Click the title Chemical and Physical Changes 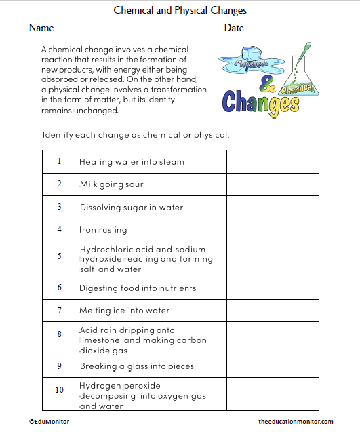180,11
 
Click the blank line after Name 138,30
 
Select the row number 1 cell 59,161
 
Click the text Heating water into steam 132,162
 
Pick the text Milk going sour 111,184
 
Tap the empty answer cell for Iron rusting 273,229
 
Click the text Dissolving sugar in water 132,208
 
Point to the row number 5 59,256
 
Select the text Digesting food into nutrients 138,288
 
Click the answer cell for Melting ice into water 273,311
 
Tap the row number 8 59,334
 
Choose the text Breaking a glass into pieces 137,366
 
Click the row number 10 59,391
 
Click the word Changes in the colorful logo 260,102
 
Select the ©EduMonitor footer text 49,422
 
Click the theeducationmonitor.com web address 296,422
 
